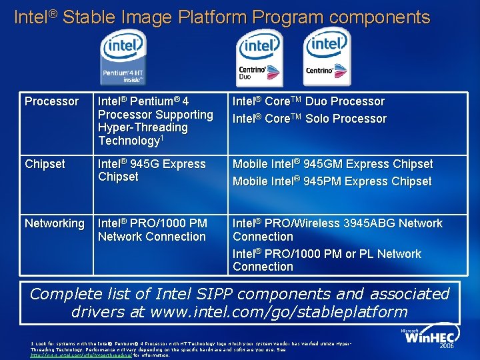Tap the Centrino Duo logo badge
259,56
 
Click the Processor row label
51,101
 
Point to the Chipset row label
45,164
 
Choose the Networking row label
54,223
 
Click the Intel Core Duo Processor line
308,101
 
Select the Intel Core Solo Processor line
309,119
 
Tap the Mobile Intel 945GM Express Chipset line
332,164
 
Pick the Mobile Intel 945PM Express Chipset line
332,181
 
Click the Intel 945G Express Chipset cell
152,170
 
